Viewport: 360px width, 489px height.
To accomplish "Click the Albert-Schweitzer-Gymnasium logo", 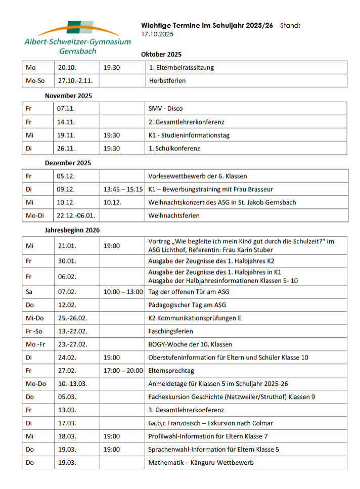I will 77,38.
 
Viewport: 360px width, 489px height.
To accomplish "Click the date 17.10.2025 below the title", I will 157,34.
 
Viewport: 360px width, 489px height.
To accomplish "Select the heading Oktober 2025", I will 161,54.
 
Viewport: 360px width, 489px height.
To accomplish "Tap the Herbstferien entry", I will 167,80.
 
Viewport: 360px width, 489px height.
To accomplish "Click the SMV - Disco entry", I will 165,108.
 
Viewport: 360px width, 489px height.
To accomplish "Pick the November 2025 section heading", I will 68,95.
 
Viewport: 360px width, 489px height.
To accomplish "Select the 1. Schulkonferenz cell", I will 174,148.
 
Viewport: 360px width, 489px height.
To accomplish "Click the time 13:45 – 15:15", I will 123,189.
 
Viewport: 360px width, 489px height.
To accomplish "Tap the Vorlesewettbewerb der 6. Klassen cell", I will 197,176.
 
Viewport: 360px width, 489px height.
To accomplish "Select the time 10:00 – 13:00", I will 123,292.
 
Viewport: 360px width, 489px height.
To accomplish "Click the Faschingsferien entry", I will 170,331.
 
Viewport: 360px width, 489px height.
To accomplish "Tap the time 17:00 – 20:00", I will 123,370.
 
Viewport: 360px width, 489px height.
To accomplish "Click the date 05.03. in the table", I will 67,396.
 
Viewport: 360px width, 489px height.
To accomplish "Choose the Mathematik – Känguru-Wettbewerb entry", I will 201,462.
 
